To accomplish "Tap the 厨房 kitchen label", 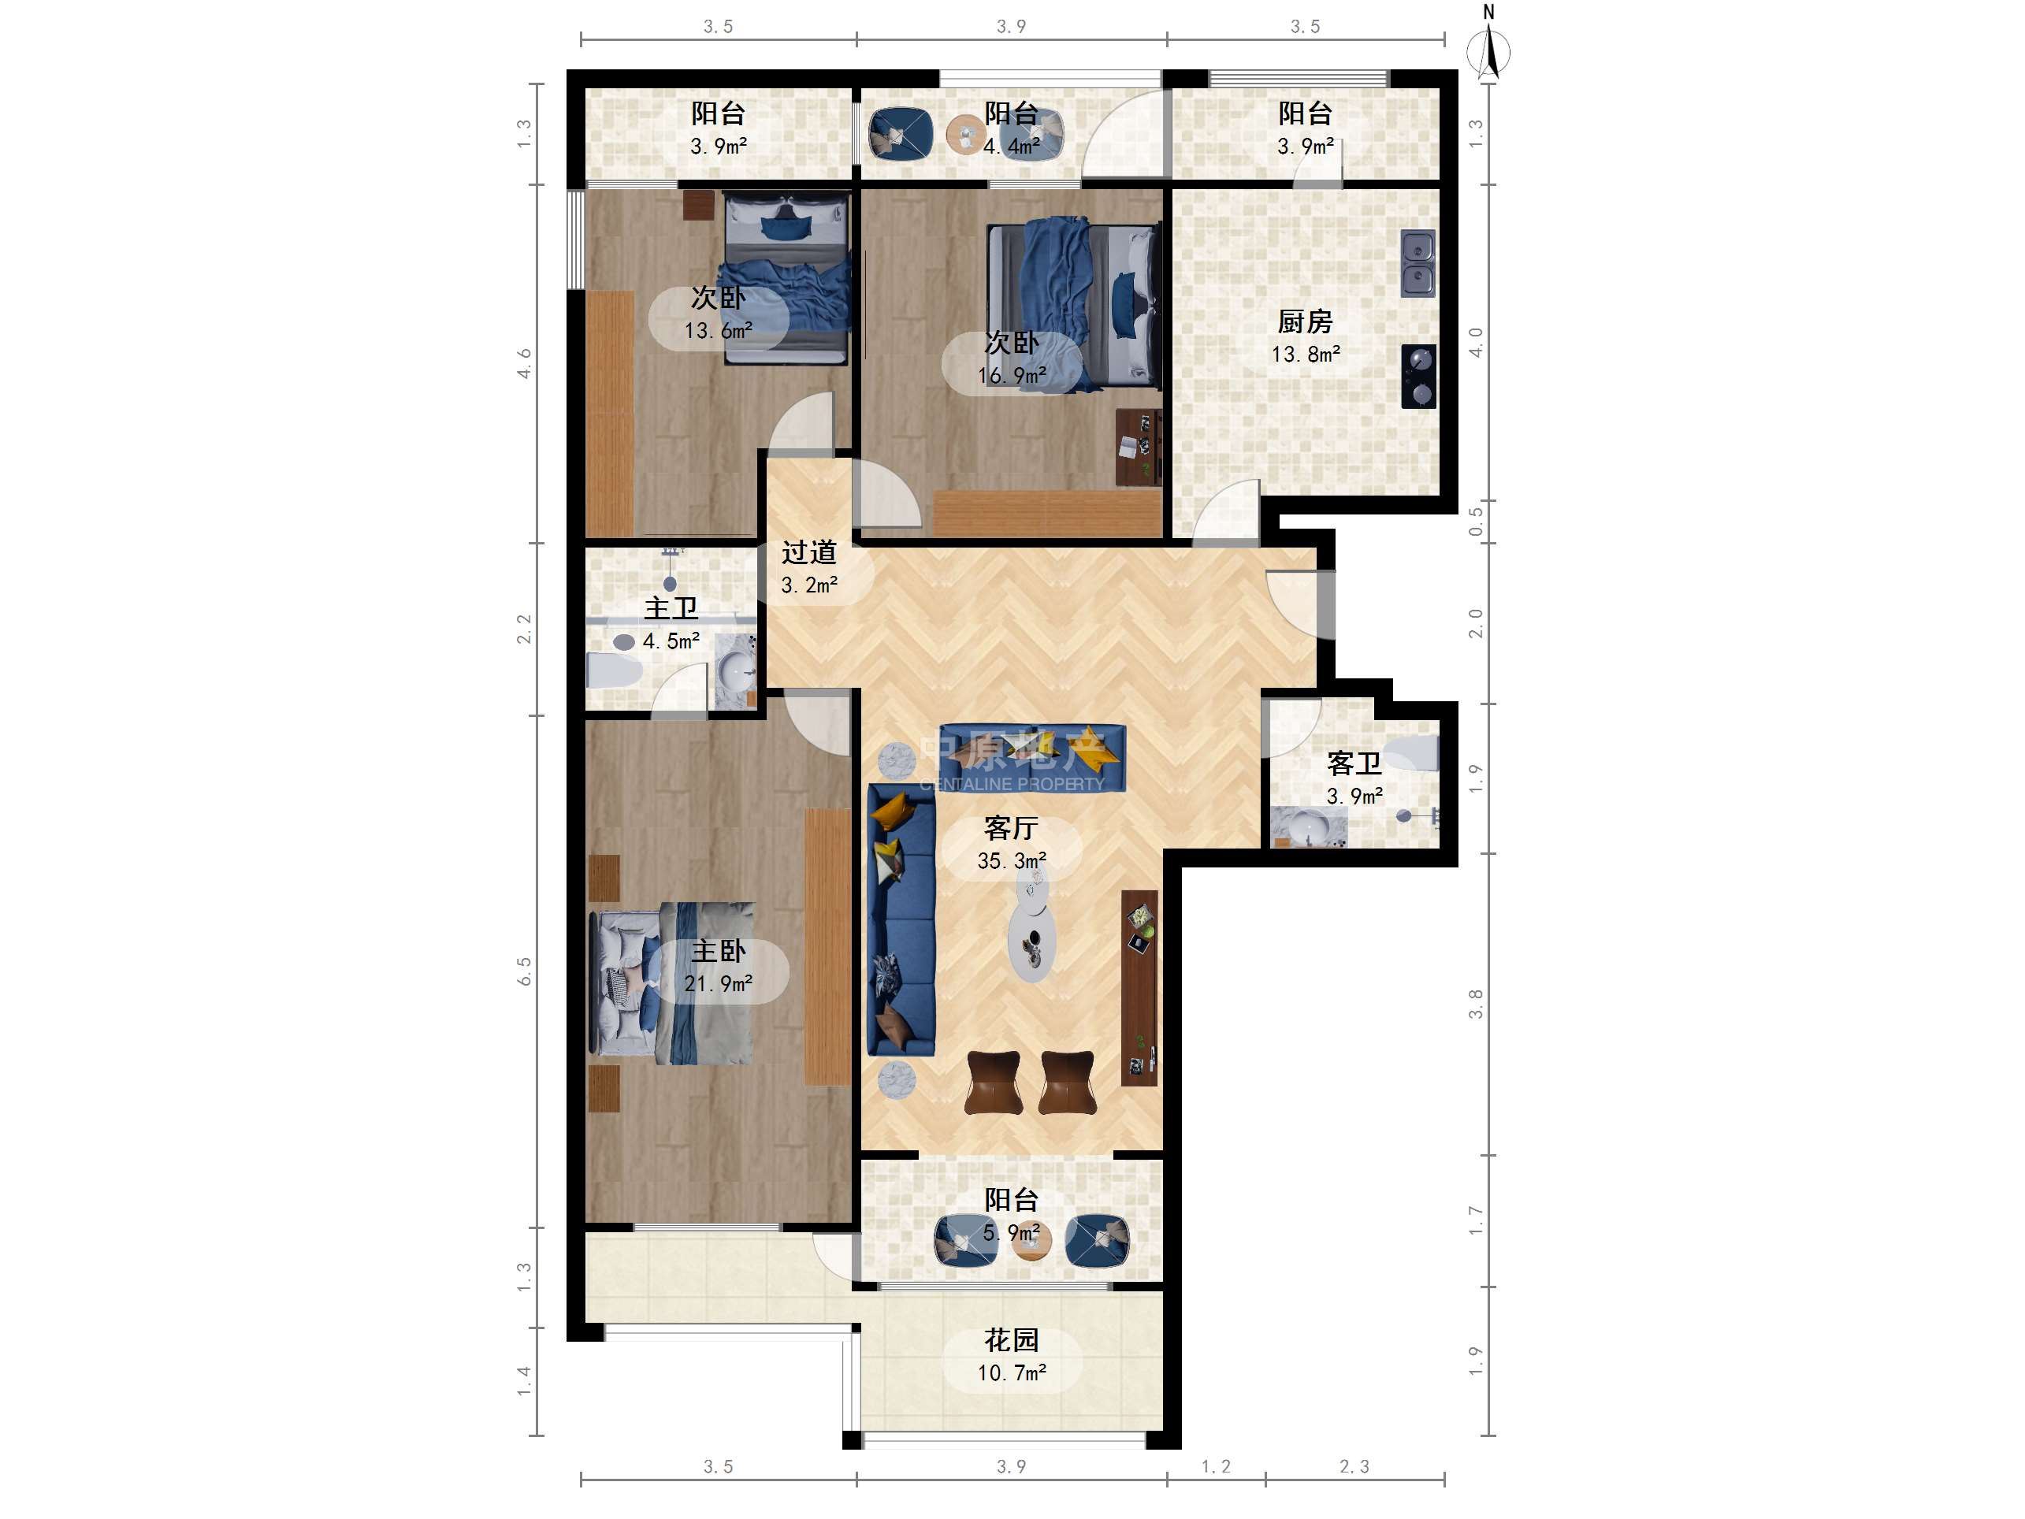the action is pyautogui.click(x=1305, y=321).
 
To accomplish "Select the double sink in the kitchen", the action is pyautogui.click(x=1418, y=264).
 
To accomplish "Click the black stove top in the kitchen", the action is pyautogui.click(x=1419, y=377).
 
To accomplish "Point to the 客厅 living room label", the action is pyautogui.click(x=1011, y=828).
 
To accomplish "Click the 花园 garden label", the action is pyautogui.click(x=1011, y=1340).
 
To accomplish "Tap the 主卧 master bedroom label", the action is pyautogui.click(x=718, y=951).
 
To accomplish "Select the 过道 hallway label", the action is pyautogui.click(x=809, y=552).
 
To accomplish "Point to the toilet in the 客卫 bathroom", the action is pyautogui.click(x=1412, y=752).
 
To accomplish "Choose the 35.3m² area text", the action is pyautogui.click(x=1012, y=860).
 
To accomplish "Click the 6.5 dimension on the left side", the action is pyautogui.click(x=525, y=971).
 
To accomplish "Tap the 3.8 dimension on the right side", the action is pyautogui.click(x=1476, y=1005).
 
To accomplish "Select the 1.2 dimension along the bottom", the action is pyautogui.click(x=1216, y=1467).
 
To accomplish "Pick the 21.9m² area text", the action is pyautogui.click(x=719, y=984).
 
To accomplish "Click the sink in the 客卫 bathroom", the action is pyautogui.click(x=1308, y=826).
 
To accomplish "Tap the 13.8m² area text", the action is pyautogui.click(x=1306, y=355).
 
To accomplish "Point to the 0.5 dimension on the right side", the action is pyautogui.click(x=1476, y=523).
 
